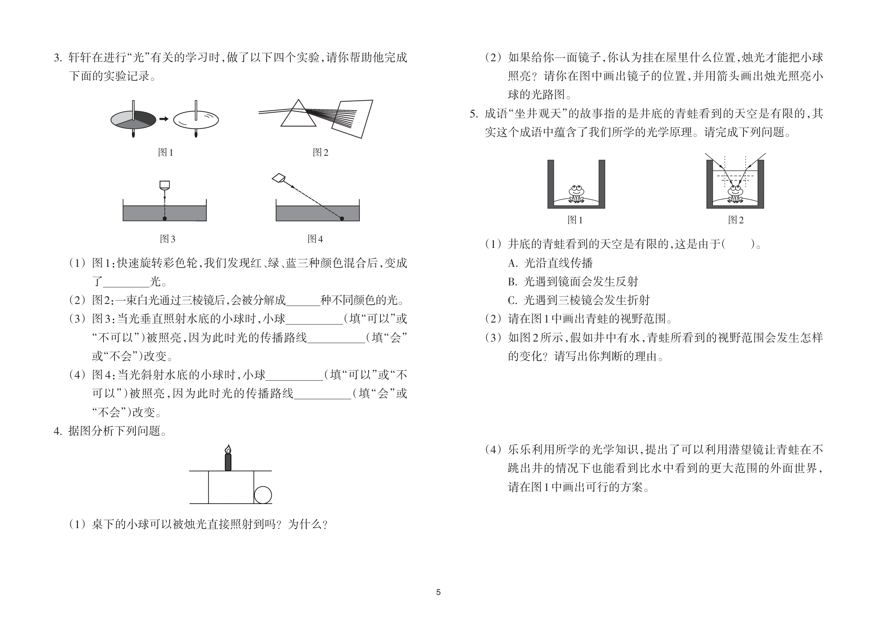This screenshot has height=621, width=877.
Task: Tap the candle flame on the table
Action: click(228, 449)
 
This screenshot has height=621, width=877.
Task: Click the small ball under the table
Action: click(263, 495)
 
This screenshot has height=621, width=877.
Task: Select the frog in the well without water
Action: click(576, 194)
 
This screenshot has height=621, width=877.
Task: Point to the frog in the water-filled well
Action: click(735, 194)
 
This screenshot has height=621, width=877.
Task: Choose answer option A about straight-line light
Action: click(550, 263)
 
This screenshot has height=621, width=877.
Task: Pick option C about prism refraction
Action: click(579, 300)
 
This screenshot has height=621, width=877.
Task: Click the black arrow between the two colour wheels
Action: click(164, 119)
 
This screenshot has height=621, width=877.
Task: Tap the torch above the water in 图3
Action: click(164, 185)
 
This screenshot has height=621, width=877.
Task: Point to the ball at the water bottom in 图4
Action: click(342, 219)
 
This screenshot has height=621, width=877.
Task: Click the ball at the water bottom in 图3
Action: click(165, 219)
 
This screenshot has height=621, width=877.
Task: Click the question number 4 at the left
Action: click(58, 431)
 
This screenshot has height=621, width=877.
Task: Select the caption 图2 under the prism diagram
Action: click(320, 152)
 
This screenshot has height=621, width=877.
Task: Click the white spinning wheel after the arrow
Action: click(196, 119)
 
